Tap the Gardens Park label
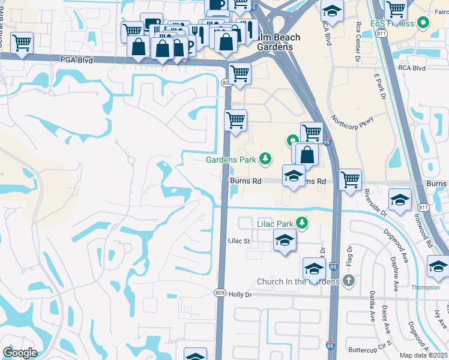pos(231,160)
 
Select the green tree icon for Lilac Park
pos(302,224)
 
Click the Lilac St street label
pos(238,241)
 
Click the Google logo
pos(20,353)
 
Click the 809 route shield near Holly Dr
pos(220,292)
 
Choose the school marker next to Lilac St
pos(285,241)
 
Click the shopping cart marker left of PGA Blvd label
pos(22,43)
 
